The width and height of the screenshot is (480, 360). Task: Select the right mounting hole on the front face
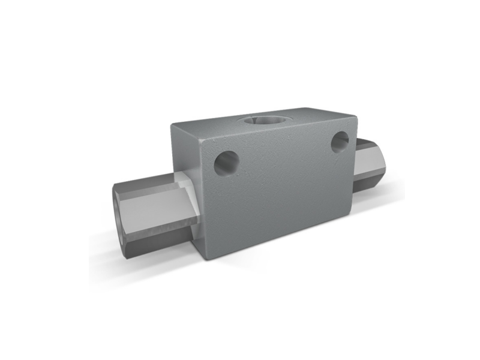340,142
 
